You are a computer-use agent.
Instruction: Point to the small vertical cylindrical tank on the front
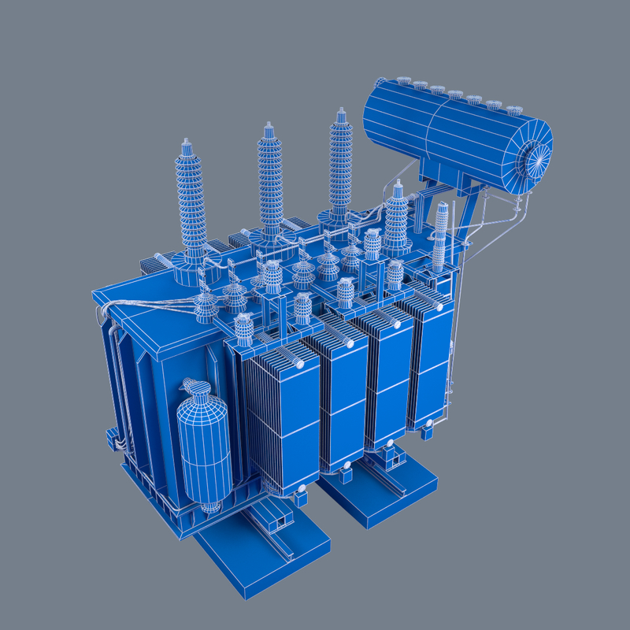click(x=202, y=449)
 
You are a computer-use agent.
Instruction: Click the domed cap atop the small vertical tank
click(x=195, y=388)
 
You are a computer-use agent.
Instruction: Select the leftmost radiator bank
click(x=280, y=417)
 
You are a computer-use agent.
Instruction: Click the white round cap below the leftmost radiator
click(x=301, y=497)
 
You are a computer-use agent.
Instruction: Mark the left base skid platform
click(x=264, y=551)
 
